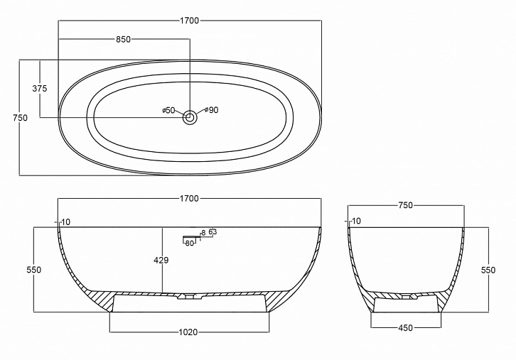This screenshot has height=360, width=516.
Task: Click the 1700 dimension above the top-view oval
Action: click(x=190, y=21)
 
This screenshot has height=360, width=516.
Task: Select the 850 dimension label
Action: click(x=124, y=40)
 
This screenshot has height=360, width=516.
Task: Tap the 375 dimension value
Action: click(x=40, y=89)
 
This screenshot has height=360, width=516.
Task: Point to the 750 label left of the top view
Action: click(x=21, y=118)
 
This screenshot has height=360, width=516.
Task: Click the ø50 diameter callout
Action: click(x=169, y=111)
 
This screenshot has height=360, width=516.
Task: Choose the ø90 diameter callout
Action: click(x=211, y=110)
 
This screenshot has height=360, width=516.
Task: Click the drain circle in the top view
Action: click(x=190, y=117)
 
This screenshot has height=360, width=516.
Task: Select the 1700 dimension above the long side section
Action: click(x=190, y=199)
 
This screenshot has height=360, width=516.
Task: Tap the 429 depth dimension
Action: click(x=161, y=261)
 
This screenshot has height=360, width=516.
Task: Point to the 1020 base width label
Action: click(x=188, y=332)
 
